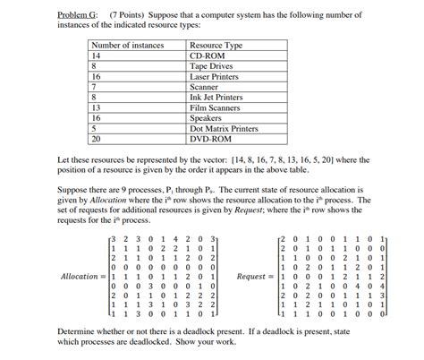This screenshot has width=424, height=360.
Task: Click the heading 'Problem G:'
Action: [x=77, y=16]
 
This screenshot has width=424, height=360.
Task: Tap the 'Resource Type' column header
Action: [x=216, y=44]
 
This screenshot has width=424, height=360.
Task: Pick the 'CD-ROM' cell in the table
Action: [x=207, y=55]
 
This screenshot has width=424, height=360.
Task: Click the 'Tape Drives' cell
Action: [x=211, y=65]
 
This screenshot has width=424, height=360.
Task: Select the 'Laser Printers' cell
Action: [x=216, y=76]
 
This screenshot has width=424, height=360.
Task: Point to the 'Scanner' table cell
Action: [x=205, y=87]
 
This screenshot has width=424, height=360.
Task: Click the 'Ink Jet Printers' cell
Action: [x=218, y=98]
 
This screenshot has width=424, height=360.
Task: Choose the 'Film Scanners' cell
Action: [x=215, y=107]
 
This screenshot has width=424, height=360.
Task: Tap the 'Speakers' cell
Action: [x=207, y=118]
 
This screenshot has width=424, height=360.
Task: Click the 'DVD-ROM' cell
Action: [x=209, y=140]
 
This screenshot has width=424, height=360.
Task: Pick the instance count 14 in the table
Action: [x=98, y=55]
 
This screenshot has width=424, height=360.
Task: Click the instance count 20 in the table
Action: [x=98, y=140]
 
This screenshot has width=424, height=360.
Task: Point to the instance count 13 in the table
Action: [x=98, y=107]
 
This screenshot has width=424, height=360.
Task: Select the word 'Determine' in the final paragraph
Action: [x=76, y=331]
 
